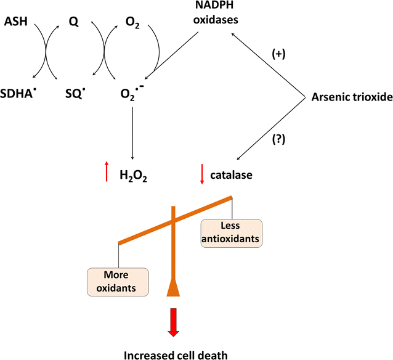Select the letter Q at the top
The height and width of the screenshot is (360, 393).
[73, 23]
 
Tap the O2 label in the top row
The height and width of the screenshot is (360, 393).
[132, 23]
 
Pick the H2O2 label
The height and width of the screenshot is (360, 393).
[134, 176]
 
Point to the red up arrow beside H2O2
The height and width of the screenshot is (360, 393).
[107, 172]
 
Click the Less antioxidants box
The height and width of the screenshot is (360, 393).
[231, 233]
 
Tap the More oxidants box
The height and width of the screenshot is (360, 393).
[118, 281]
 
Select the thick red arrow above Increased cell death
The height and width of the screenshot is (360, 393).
[174, 322]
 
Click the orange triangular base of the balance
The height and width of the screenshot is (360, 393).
[174, 287]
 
